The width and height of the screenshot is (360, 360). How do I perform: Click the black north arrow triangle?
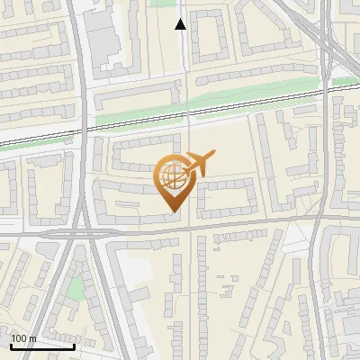pyautogui.click(x=181, y=24)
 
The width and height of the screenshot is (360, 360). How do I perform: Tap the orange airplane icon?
pyautogui.click(x=195, y=165)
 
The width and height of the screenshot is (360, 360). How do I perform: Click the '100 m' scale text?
pyautogui.click(x=23, y=339)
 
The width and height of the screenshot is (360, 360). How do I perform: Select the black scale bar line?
pyautogui.click(x=41, y=346)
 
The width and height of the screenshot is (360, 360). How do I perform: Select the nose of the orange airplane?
pyautogui.click(x=212, y=158)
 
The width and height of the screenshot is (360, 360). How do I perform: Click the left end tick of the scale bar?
pyautogui.click(x=10, y=345)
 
